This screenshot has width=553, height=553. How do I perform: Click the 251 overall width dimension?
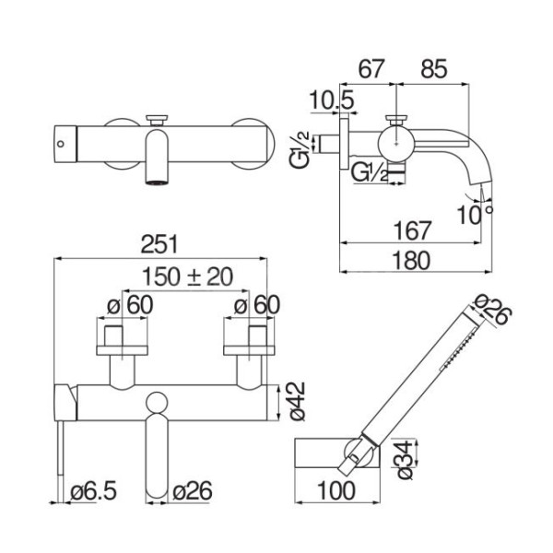(159, 244)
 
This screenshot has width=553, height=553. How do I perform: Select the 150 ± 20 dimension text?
(187, 276)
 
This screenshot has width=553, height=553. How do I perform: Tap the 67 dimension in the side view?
(371, 69)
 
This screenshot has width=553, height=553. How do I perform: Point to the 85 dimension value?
(434, 69)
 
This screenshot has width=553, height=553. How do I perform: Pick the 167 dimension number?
(412, 230)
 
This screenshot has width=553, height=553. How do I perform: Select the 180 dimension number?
(412, 260)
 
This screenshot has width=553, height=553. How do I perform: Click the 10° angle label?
(475, 215)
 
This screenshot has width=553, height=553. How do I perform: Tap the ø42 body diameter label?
(298, 401)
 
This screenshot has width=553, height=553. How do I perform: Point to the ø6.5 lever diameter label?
(93, 490)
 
